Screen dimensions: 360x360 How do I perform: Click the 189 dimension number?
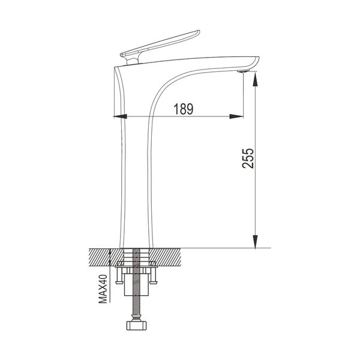[183, 109]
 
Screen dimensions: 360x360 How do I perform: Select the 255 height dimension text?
[248, 158]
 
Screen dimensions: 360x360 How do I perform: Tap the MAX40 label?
[103, 289]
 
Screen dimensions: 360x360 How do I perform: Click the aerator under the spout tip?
[244, 71]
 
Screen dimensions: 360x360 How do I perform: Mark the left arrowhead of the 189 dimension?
[120, 116]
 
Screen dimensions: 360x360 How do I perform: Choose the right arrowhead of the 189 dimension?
[236, 116]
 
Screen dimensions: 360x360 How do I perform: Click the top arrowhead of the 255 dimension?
[256, 79]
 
